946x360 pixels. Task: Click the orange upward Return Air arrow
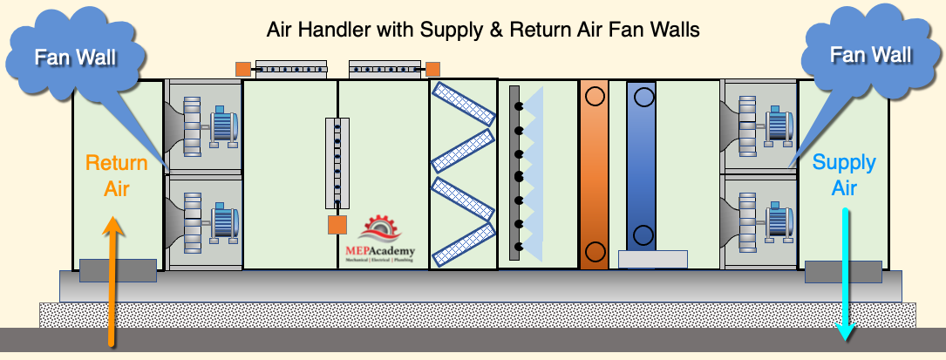pyautogui.click(x=112, y=282)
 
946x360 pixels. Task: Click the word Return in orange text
pyautogui.click(x=117, y=163)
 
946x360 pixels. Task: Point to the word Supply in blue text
pyautogui.click(x=844, y=163)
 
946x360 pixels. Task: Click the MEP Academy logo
pyautogui.click(x=379, y=238)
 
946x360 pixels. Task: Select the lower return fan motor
pyautogui.click(x=224, y=222)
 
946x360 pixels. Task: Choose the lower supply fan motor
pyautogui.click(x=779, y=222)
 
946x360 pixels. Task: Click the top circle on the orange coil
pyautogui.click(x=595, y=97)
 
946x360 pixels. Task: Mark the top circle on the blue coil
pyautogui.click(x=643, y=97)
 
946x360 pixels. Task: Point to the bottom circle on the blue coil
pyautogui.click(x=643, y=234)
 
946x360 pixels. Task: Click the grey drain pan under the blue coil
pyautogui.click(x=653, y=259)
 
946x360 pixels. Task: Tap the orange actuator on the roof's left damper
pyautogui.click(x=243, y=69)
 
